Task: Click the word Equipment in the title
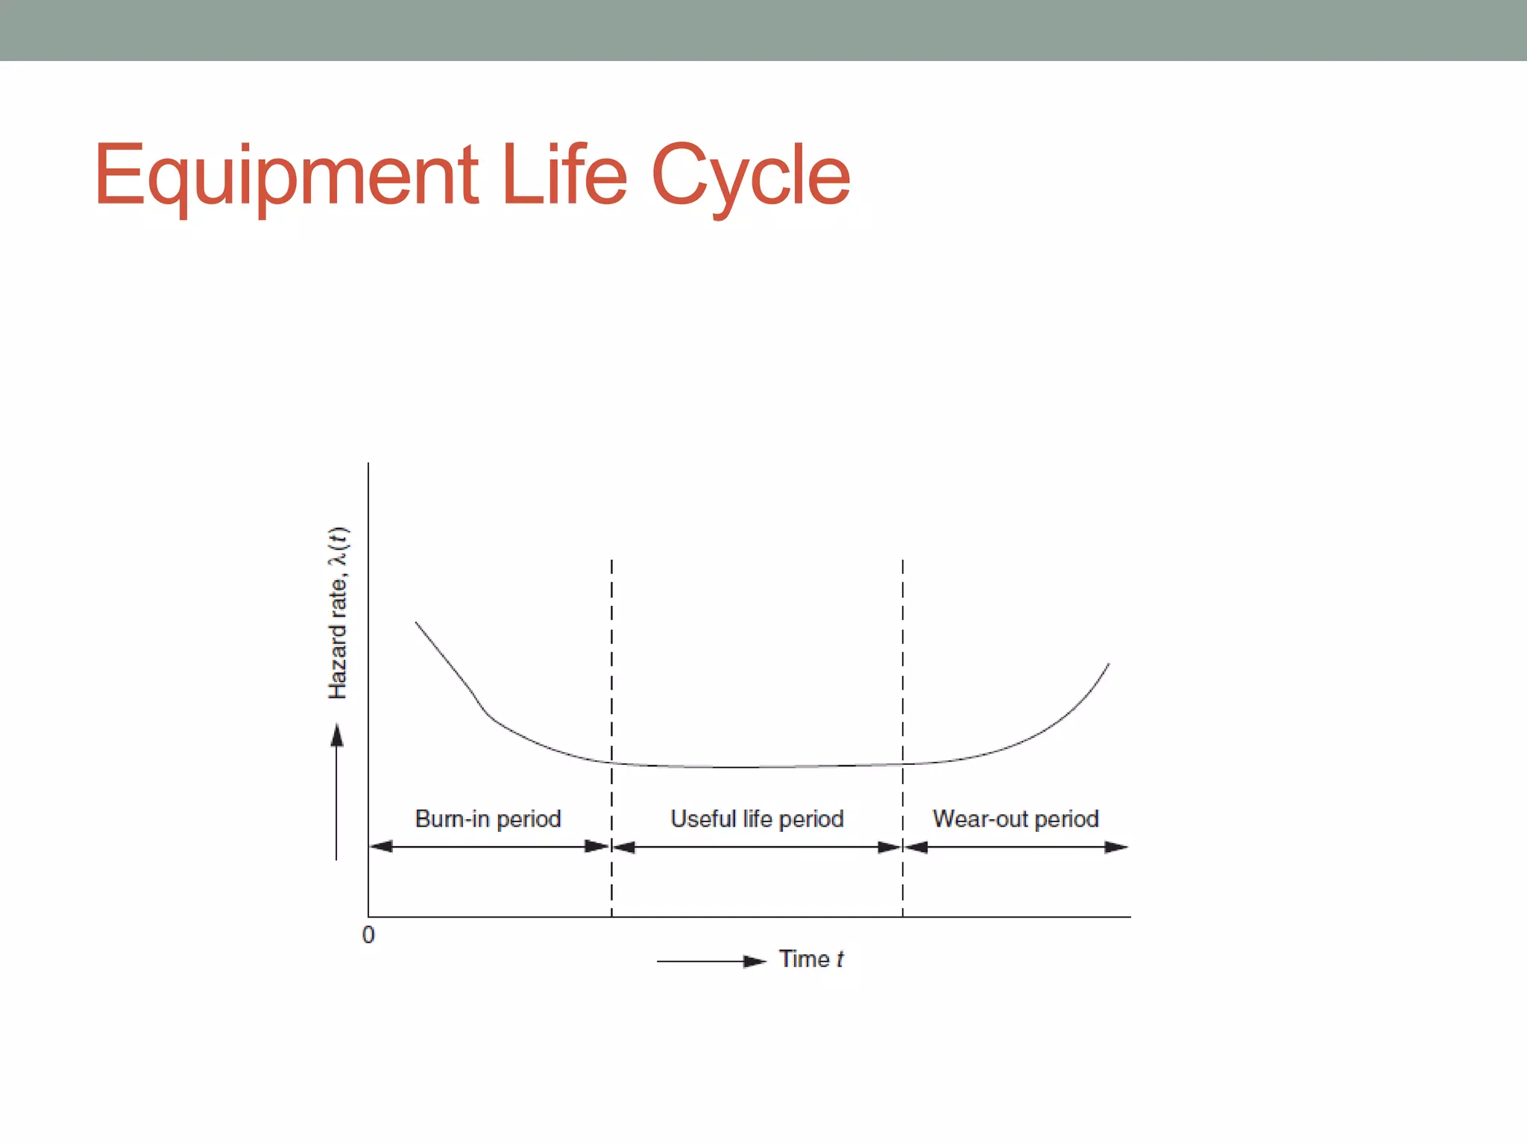(286, 176)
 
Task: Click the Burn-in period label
(488, 818)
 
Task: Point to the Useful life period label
(757, 818)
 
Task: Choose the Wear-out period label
(1016, 818)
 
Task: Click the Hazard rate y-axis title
(338, 613)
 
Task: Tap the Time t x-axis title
(811, 959)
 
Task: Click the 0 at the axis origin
(368, 935)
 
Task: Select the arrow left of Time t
(711, 961)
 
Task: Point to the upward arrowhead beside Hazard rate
(337, 735)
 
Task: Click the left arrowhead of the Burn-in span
(381, 846)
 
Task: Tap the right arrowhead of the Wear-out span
(1116, 847)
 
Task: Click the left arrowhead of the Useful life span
(624, 847)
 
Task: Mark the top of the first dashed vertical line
(611, 561)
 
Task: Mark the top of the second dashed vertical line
(902, 561)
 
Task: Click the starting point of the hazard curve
(416, 622)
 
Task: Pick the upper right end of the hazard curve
(1109, 663)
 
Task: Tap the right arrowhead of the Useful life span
(890, 847)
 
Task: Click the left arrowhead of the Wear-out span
(916, 847)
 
